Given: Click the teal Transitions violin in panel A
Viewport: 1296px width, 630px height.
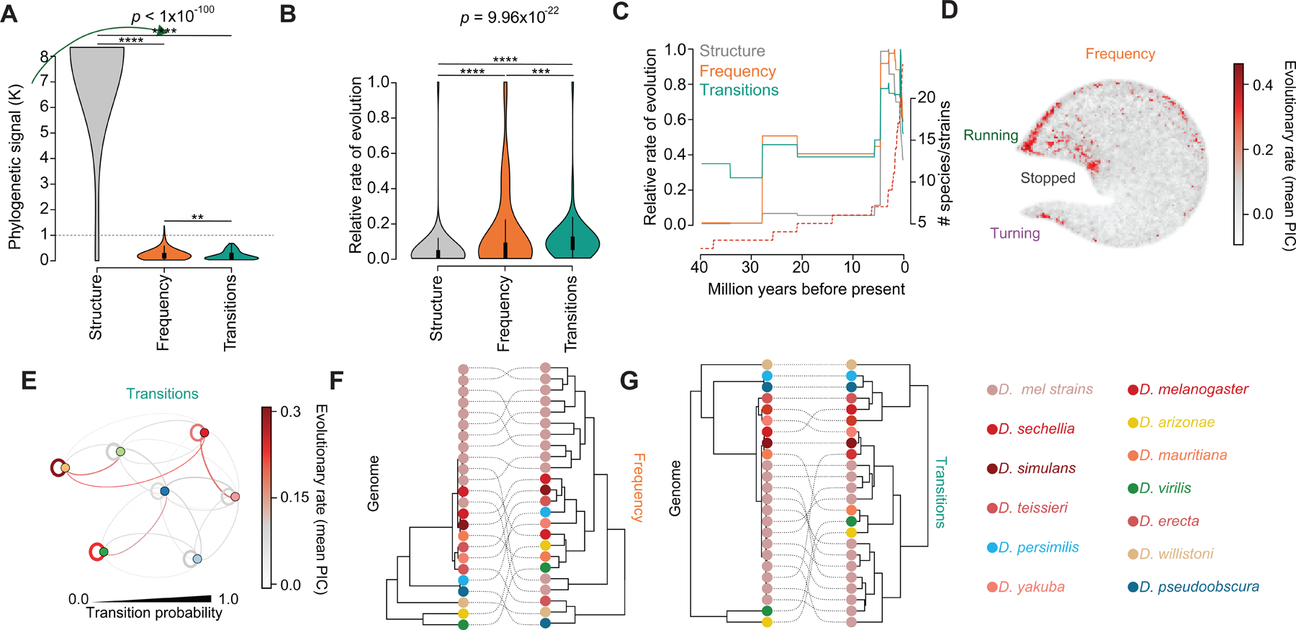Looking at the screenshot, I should [x=231, y=253].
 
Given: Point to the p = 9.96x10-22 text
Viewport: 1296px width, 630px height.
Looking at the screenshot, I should [x=509, y=16].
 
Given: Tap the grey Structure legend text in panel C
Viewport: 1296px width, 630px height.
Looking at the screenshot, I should [x=732, y=51].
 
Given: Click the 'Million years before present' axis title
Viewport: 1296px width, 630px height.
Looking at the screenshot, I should [x=806, y=289].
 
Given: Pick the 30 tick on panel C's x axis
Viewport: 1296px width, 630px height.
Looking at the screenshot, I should [x=750, y=267].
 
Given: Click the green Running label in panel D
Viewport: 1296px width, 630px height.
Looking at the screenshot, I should [x=991, y=135].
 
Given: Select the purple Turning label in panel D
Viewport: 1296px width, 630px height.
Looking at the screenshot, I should [x=1014, y=233].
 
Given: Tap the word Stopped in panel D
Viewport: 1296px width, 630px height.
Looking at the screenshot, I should [x=1048, y=178].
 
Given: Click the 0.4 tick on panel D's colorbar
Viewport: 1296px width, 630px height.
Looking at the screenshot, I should [x=1262, y=85].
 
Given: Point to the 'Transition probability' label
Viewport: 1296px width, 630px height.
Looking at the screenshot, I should [x=154, y=613].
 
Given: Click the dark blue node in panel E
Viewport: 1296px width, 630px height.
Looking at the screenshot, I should [x=165, y=491].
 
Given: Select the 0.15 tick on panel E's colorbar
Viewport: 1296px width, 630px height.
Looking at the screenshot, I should [x=294, y=498].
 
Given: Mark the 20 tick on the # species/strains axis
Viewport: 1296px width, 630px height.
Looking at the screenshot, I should [x=927, y=97].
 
